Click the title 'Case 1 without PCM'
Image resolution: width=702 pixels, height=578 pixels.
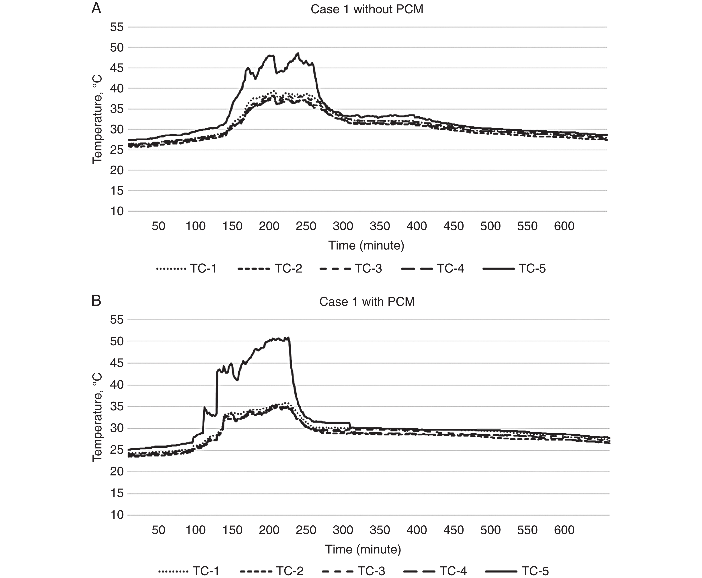click(x=367, y=9)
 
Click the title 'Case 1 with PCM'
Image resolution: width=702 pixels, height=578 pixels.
click(x=367, y=302)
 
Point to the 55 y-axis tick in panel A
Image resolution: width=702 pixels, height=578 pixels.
click(x=117, y=27)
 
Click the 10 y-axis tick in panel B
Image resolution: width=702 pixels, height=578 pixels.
click(x=117, y=515)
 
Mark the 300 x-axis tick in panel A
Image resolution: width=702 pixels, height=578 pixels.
click(x=343, y=226)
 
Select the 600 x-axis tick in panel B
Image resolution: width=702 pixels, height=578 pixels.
click(x=564, y=530)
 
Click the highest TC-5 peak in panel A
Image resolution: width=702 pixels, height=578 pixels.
click(x=298, y=53)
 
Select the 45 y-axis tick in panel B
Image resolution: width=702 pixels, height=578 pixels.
click(x=117, y=363)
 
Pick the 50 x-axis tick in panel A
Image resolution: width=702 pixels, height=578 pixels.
click(x=158, y=226)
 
